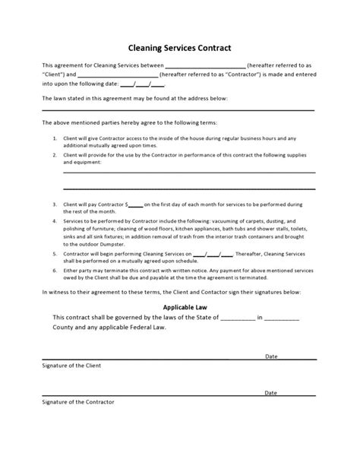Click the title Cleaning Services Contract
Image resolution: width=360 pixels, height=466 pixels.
point(180,47)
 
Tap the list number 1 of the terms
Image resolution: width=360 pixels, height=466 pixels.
point(55,138)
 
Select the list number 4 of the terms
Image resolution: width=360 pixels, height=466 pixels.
point(55,220)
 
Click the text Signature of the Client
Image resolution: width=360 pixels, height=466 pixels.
point(71,365)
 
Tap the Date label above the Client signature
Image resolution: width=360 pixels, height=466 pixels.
point(270,356)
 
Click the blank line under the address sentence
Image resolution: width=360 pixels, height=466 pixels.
point(179,112)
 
